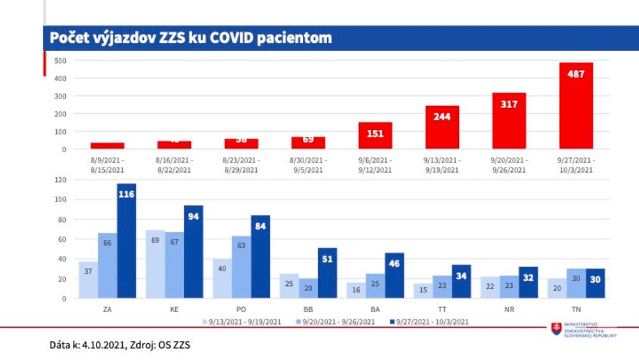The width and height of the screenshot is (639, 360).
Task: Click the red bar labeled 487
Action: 576,106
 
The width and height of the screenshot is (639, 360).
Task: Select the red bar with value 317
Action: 509,121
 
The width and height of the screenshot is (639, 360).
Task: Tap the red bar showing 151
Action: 375,136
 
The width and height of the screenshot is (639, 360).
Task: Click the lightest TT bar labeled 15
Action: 423,291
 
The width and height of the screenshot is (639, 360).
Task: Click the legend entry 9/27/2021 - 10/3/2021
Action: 428,322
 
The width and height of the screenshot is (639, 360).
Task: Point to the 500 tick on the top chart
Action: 61,61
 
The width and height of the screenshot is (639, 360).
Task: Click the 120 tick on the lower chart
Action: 61,180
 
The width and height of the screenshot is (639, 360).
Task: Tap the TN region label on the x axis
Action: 576,309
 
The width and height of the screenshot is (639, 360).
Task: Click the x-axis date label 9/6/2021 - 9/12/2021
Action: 375,165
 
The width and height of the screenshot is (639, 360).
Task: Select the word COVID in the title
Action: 230,38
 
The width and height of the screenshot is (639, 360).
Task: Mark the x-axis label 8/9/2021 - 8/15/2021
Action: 107,165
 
